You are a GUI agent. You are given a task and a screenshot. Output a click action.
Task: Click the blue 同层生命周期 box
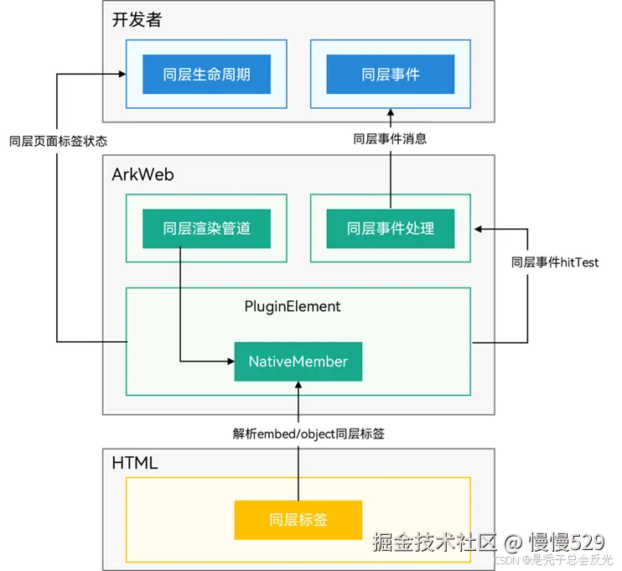pyautogui.click(x=206, y=75)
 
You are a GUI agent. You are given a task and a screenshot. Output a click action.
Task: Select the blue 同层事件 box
pyautogui.click(x=390, y=75)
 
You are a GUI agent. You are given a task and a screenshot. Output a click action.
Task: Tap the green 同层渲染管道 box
pyautogui.click(x=206, y=228)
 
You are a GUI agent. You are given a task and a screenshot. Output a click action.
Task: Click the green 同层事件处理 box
pyautogui.click(x=390, y=228)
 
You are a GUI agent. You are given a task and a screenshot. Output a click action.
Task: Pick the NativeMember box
pyautogui.click(x=298, y=361)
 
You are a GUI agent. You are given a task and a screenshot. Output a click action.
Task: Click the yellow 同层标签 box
pyautogui.click(x=298, y=520)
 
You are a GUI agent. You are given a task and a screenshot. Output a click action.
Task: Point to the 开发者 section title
pyautogui.click(x=137, y=20)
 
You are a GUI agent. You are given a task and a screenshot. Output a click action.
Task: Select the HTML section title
pyautogui.click(x=135, y=462)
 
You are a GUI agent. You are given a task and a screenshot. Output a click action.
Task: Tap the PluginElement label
pyautogui.click(x=293, y=306)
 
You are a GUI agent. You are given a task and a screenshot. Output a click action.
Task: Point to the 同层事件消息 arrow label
pyautogui.click(x=390, y=139)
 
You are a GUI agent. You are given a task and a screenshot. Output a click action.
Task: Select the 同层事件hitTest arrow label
pyautogui.click(x=555, y=262)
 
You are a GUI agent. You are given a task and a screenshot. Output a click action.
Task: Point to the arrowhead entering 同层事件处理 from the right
pyautogui.click(x=478, y=227)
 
